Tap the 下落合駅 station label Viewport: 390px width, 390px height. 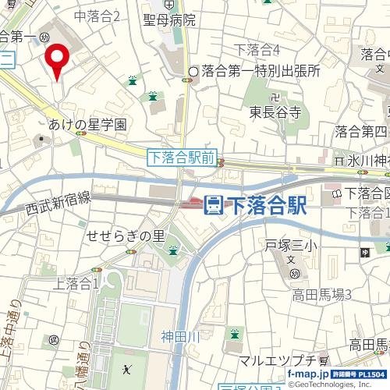click(264, 205)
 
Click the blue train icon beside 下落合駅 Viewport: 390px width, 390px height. click(212, 205)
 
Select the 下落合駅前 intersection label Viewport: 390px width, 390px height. click(181, 158)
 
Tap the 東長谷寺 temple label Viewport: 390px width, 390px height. click(275, 112)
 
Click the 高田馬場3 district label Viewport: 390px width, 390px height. click(322, 294)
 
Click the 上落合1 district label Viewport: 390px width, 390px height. click(76, 284)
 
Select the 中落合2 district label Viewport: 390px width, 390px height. click(97, 16)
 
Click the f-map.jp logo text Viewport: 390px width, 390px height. click(307, 374)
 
